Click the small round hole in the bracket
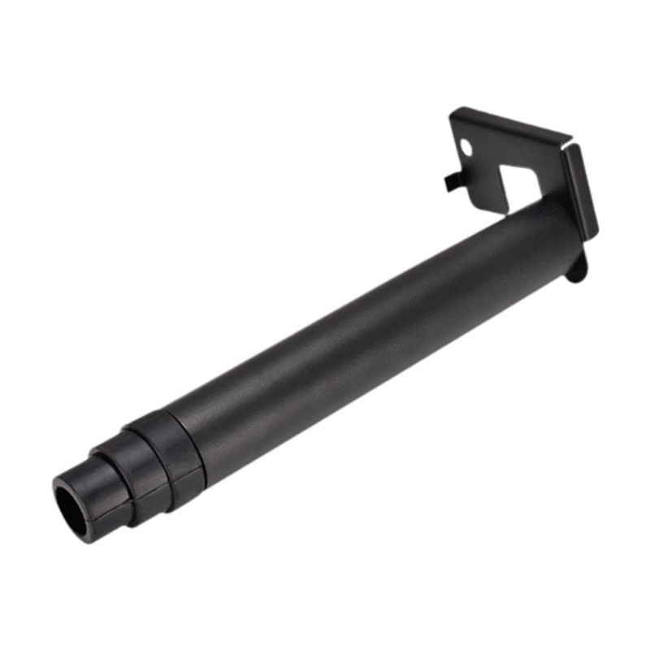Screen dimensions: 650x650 [466, 146]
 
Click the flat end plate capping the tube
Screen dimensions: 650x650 [582, 191]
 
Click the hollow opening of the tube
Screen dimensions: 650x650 [74, 508]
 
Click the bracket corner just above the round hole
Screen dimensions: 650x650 [457, 118]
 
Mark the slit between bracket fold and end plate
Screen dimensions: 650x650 [567, 145]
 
